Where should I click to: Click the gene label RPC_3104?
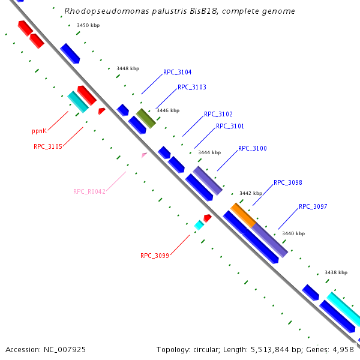[x=177, y=72]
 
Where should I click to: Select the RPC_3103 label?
[x=191, y=87]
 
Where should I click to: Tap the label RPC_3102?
[x=218, y=114]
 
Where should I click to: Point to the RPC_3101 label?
[x=230, y=126]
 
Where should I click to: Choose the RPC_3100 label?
[x=252, y=148]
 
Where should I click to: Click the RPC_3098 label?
[x=287, y=182]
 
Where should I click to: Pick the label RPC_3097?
[x=313, y=206]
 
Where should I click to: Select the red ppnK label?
[x=39, y=131]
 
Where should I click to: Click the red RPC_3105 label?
[x=47, y=146]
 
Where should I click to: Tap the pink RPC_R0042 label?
[x=89, y=192]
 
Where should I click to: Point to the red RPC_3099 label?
[x=155, y=256]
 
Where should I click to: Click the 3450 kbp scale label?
[x=88, y=25]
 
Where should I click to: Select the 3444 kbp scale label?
[x=209, y=152]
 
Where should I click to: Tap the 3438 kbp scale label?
[x=336, y=272]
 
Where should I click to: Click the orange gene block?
[x=243, y=214]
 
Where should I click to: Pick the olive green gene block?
[x=146, y=118]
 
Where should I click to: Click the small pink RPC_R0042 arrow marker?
[x=144, y=155]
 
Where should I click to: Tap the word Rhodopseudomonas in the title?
[x=98, y=11]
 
